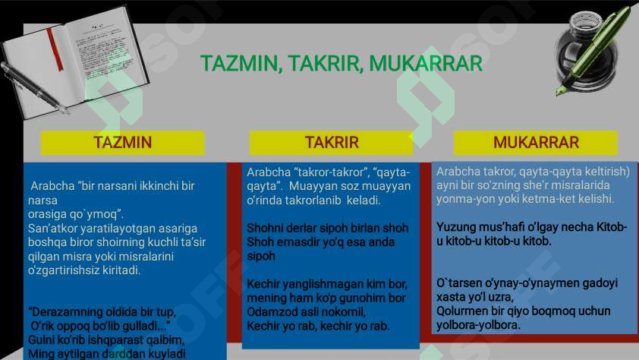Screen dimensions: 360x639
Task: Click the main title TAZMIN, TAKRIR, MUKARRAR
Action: (341, 63)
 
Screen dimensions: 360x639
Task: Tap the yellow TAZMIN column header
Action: (123, 143)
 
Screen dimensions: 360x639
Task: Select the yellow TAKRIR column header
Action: (332, 143)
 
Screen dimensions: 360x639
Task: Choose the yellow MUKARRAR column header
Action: (536, 143)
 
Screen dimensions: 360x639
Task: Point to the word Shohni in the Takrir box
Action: (264, 228)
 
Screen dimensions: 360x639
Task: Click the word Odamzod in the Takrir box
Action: (270, 312)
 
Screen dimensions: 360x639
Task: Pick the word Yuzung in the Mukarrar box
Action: (455, 227)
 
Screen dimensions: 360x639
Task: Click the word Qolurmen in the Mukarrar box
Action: (462, 311)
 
